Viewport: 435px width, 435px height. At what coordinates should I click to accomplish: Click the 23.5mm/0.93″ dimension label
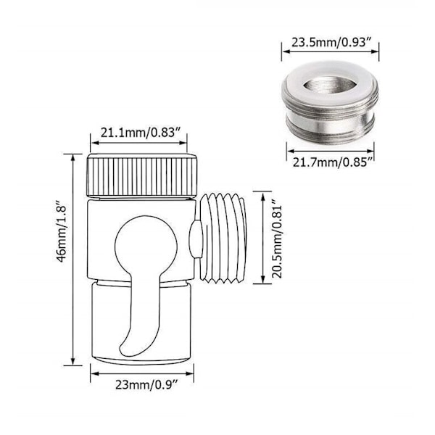pos(331,43)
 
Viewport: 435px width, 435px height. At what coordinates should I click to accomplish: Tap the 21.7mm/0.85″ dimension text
pos(332,162)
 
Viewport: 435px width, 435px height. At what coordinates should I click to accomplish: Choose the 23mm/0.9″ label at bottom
pos(146,385)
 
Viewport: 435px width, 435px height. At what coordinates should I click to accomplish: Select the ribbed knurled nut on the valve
pos(142,175)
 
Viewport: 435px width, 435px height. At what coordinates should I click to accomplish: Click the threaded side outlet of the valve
pos(223,239)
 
